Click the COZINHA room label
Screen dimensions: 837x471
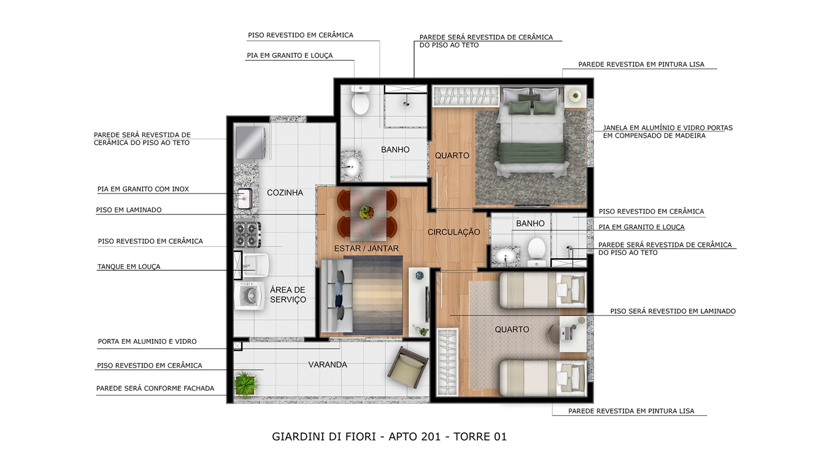pyautogui.click(x=285, y=193)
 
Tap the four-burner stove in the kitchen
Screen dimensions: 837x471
pyautogui.click(x=247, y=235)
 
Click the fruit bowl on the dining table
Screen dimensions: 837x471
pyautogui.click(x=366, y=212)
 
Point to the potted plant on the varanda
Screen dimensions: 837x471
pyautogui.click(x=246, y=383)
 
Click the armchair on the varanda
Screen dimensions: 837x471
pyautogui.click(x=407, y=367)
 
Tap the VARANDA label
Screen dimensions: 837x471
pyautogui.click(x=328, y=365)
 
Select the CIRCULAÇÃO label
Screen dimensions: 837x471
pyautogui.click(x=453, y=232)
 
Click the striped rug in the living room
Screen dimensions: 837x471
pyautogui.click(x=374, y=295)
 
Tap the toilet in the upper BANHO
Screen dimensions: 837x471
pyautogui.click(x=360, y=100)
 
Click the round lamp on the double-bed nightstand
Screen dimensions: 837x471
pyautogui.click(x=576, y=96)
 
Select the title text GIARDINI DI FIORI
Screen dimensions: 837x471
pyautogui.click(x=323, y=437)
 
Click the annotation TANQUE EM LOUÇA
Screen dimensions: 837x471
pyautogui.click(x=129, y=267)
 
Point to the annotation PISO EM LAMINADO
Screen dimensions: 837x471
pyautogui.click(x=129, y=210)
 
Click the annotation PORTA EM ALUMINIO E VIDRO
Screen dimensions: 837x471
pyautogui.click(x=147, y=341)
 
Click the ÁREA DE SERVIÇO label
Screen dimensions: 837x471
pyautogui.click(x=288, y=295)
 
